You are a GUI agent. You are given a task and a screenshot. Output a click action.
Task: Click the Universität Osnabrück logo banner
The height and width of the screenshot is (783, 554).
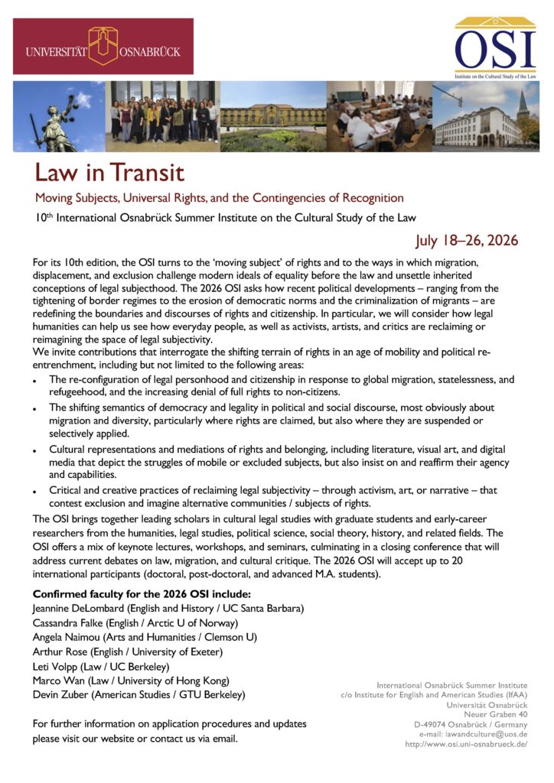click(x=103, y=46)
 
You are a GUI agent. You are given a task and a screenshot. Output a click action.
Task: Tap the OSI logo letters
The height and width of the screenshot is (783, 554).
click(x=495, y=50)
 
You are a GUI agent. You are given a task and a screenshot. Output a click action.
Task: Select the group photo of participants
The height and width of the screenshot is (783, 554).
click(x=161, y=116)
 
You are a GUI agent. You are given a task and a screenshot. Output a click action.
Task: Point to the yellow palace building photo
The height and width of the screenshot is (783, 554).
click(x=273, y=116)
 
